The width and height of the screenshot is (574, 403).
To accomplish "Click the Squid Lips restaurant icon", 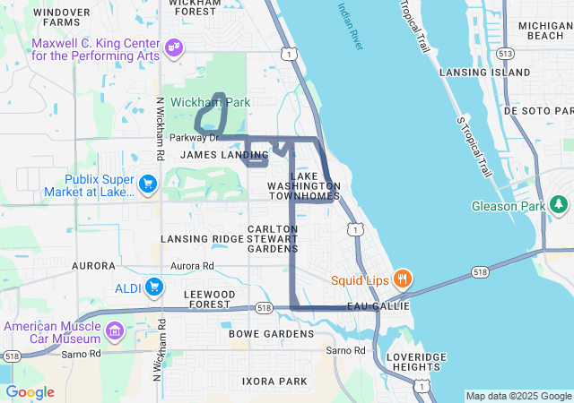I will coord(403,279).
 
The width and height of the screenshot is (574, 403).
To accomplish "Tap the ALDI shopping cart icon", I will coord(155,287).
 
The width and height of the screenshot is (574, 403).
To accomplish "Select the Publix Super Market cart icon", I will coord(148,184).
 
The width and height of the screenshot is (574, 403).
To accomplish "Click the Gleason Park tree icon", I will coord(561,206).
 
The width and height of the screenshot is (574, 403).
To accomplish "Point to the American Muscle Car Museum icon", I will coord(114,333).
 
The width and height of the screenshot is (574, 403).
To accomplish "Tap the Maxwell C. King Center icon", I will coord(174,45).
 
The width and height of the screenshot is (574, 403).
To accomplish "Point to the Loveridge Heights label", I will coord(416,363).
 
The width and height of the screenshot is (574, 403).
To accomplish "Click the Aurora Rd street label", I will coord(192,266).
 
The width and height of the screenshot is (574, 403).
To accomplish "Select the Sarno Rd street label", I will coord(346,350).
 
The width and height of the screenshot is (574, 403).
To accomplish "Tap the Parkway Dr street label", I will coord(194,138).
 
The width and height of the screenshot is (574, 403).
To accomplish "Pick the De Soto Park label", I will coord(535,110).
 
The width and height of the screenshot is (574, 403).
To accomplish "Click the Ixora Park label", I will coord(274,381).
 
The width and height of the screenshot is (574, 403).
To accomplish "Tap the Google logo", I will coord(30,392).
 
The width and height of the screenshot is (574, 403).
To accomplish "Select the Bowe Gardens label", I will coord(272,334).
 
